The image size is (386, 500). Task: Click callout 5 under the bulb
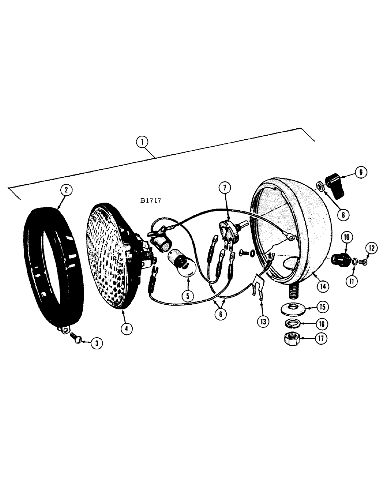[x=188, y=295]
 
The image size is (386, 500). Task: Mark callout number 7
[x=225, y=188]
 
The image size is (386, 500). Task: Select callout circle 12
[x=370, y=247]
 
